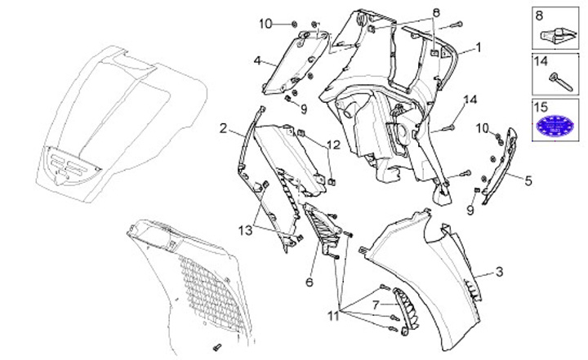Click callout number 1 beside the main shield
(x=479, y=47)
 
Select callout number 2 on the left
(x=223, y=129)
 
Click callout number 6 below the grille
(x=310, y=282)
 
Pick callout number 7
(x=376, y=304)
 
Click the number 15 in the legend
(x=541, y=106)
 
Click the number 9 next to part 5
(x=470, y=210)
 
